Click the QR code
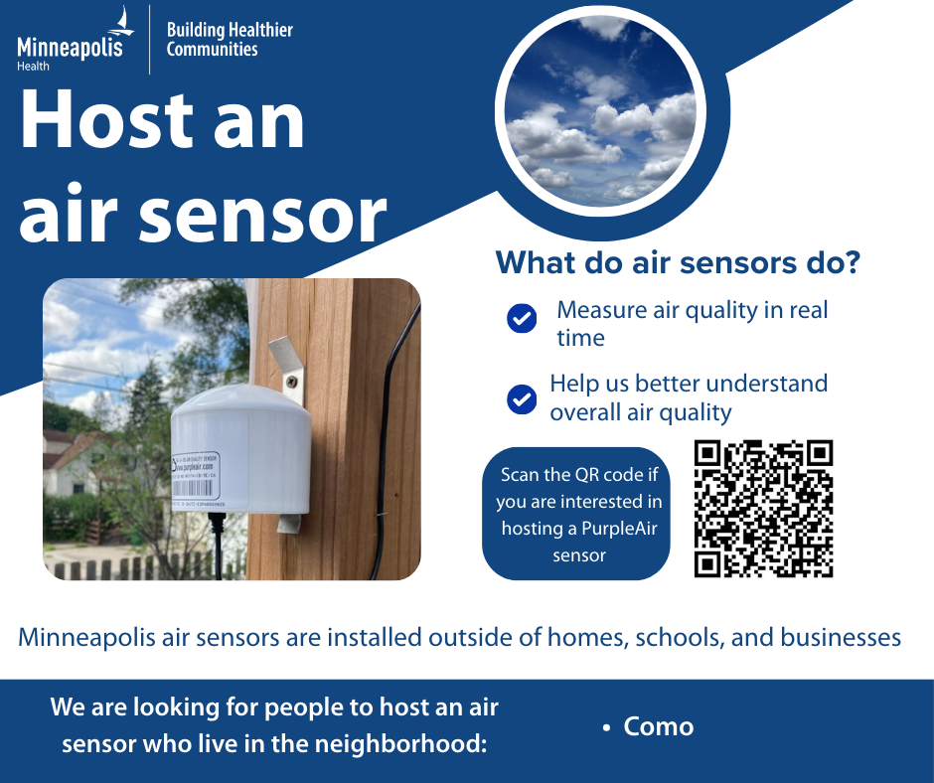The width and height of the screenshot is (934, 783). pos(763,509)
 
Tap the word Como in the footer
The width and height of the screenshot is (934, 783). pos(658,726)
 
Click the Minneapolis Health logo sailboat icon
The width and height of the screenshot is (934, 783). pos(122,21)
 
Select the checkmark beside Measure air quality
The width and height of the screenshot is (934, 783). pos(522,318)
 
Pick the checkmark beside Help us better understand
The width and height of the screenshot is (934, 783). pos(522,399)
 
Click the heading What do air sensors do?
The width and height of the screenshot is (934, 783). pos(678,263)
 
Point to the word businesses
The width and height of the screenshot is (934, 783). pos(841,637)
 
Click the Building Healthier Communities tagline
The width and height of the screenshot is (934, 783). pos(230,40)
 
